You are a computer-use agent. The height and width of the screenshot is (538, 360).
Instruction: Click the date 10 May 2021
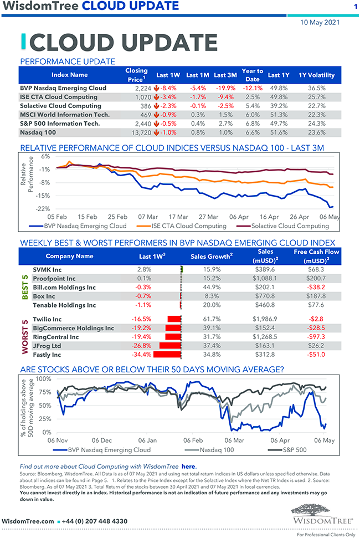320,23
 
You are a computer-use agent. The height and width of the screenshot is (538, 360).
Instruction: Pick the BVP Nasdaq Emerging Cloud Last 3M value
226,88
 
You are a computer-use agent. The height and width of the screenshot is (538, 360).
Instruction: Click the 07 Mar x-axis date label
148,217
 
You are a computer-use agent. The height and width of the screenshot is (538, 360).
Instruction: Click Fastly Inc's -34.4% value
142,355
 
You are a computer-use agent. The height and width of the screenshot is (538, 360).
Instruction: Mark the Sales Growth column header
211,257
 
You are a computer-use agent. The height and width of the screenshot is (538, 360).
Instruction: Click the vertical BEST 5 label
25,287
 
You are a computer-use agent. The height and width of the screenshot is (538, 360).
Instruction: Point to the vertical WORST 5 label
25,337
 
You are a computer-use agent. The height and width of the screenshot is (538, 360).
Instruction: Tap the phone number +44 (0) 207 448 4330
95,521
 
